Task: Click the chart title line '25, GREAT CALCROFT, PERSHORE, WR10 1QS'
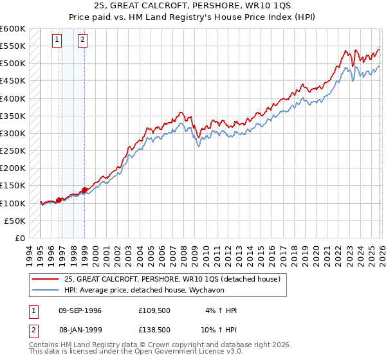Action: tap(193, 6)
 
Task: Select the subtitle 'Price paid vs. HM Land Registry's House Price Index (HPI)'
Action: tap(193, 17)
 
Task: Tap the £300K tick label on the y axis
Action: tap(13, 133)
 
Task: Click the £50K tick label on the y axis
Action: tap(15, 221)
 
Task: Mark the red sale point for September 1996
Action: tap(59, 200)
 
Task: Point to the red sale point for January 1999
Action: tap(84, 190)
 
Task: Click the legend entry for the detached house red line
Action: tap(172, 279)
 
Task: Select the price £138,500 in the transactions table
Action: tap(154, 329)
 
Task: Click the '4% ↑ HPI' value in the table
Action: tap(219, 310)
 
